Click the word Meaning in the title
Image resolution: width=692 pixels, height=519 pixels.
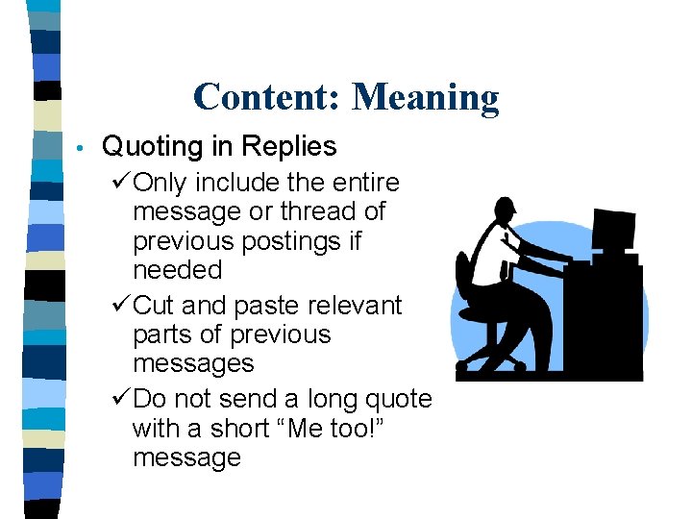[426, 97]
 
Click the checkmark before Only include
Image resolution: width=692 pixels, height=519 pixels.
[122, 183]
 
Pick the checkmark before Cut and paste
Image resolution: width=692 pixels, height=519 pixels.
[122, 306]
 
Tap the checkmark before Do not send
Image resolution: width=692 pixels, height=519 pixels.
[122, 400]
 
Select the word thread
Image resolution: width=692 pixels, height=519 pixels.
[293, 211]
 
